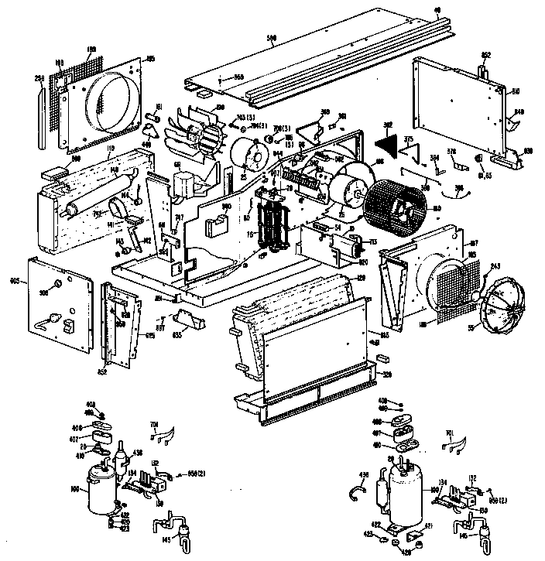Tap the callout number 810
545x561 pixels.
515,91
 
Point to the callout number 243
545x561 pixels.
495,266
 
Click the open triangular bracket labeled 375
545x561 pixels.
411,149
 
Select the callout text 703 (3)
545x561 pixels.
247,117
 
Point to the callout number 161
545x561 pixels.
158,105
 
